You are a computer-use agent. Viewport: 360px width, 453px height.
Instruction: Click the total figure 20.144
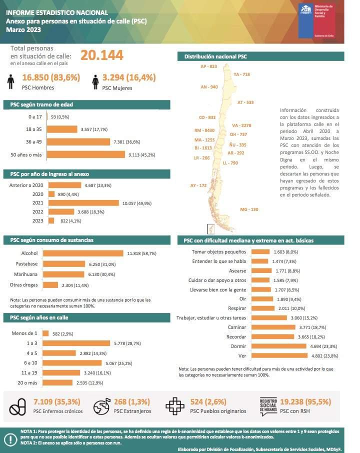[x=101, y=55]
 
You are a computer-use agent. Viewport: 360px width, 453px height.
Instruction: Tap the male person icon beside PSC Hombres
[x=11, y=81]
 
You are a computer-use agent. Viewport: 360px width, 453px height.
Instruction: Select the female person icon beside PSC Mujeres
[x=94, y=81]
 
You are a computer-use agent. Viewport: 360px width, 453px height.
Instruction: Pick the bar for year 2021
[x=83, y=203]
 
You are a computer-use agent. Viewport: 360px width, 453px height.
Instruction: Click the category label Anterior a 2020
[x=26, y=185]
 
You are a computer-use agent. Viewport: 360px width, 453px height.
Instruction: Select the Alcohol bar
[x=85, y=253]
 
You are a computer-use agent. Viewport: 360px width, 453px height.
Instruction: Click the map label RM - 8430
[x=204, y=130]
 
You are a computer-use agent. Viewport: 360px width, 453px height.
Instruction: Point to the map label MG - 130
[x=249, y=209]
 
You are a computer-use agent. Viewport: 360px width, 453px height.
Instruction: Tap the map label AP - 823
[x=208, y=66]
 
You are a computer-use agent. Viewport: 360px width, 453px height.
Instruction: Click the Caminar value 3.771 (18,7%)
[x=312, y=327]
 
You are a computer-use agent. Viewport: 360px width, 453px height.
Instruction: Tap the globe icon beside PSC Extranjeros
[x=101, y=407]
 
